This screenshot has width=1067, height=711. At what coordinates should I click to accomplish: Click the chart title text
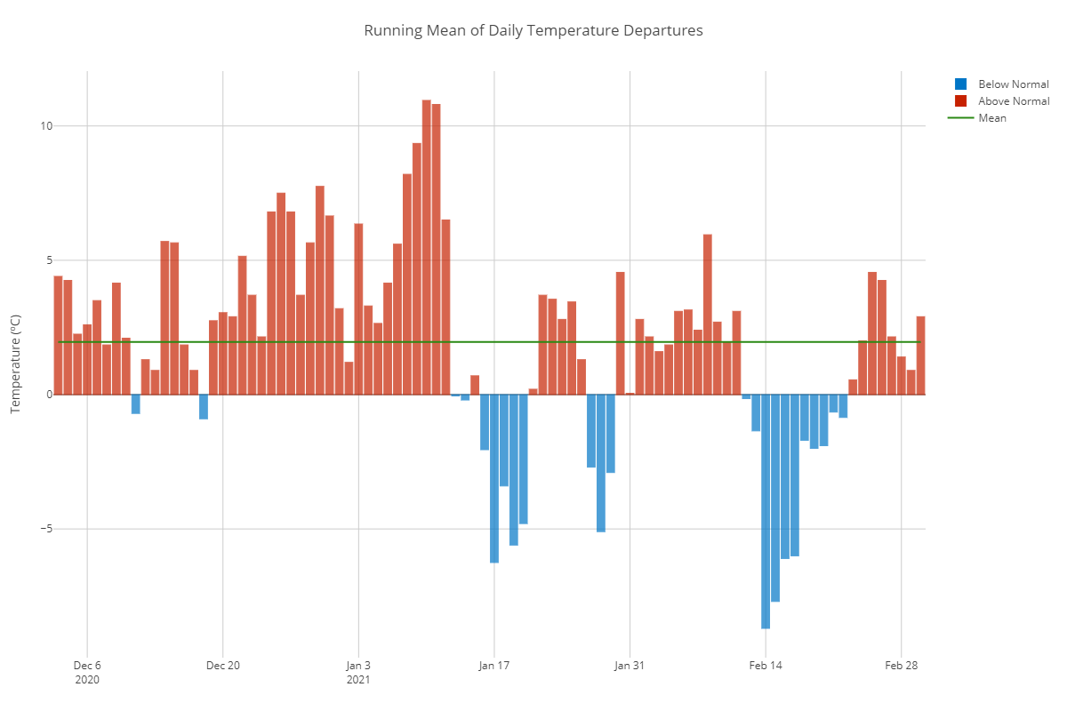point(533,30)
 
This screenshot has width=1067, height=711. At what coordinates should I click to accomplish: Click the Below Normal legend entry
point(1013,84)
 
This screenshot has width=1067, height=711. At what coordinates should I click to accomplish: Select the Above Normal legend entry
point(1013,101)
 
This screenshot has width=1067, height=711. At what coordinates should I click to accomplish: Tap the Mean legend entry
point(992,118)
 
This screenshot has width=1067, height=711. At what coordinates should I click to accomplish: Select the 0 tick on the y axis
point(49,395)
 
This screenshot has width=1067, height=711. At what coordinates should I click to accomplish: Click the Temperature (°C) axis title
point(15,365)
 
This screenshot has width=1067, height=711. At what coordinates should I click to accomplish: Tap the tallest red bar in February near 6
point(708,315)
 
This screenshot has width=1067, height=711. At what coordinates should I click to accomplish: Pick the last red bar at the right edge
point(920,355)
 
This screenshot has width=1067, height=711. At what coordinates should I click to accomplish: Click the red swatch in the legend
point(960,101)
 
